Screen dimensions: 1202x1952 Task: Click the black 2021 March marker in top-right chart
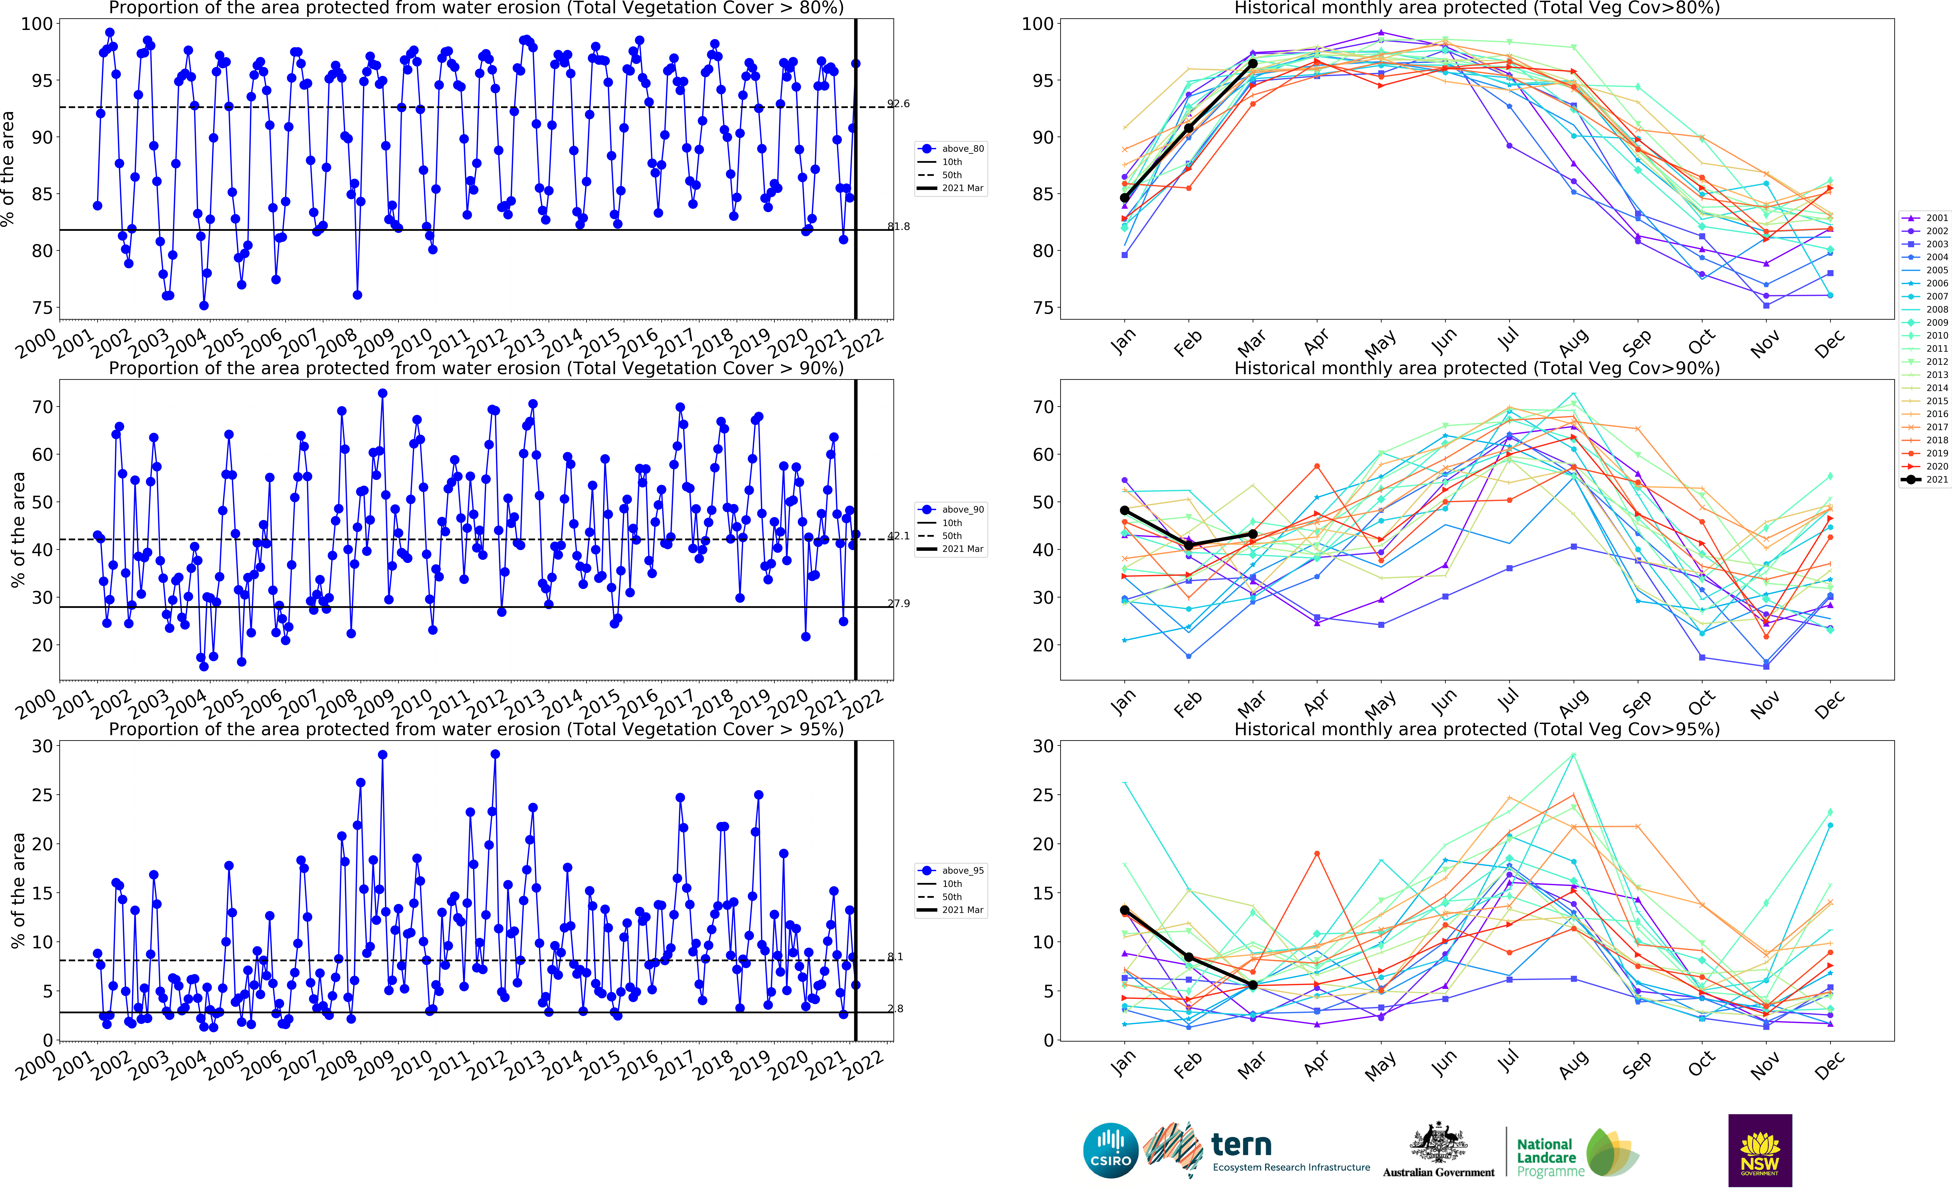coord(1253,64)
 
